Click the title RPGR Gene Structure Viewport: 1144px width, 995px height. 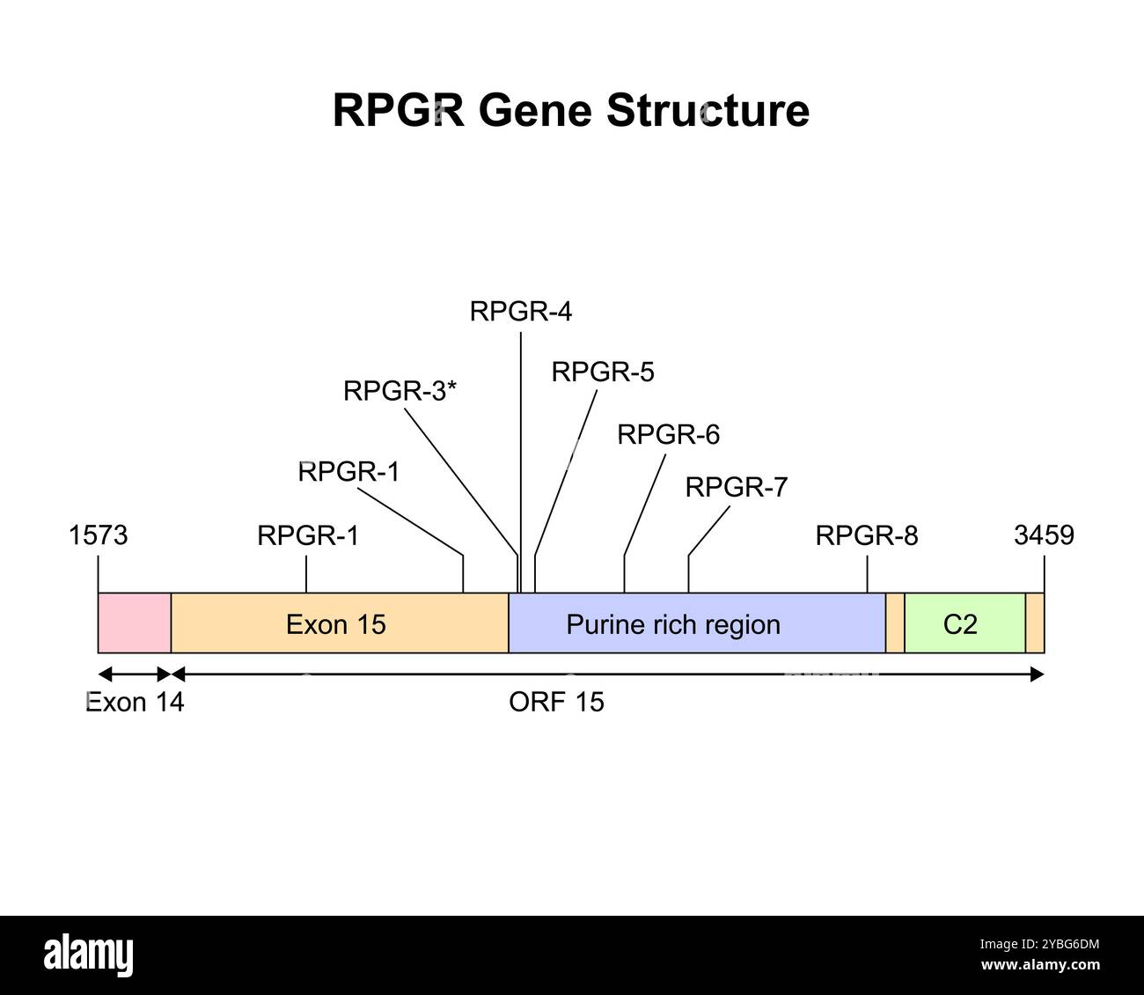570,112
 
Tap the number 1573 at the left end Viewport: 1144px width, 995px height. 98,535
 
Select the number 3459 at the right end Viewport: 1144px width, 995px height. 1044,535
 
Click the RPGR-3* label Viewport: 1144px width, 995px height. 400,391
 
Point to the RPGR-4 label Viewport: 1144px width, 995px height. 520,312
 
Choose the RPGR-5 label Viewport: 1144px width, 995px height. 603,372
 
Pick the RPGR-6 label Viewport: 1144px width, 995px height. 668,435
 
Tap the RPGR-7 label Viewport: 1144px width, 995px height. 736,487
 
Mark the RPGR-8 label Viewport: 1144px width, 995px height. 866,535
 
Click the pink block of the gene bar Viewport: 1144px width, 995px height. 135,623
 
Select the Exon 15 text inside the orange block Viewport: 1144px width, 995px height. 335,624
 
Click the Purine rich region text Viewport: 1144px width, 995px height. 673,624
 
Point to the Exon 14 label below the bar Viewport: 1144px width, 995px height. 135,703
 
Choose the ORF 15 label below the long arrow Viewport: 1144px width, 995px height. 556,703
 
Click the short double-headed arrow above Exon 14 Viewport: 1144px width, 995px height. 135,674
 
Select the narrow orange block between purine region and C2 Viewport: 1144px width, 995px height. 895,623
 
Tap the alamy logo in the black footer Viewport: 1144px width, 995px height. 89,954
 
